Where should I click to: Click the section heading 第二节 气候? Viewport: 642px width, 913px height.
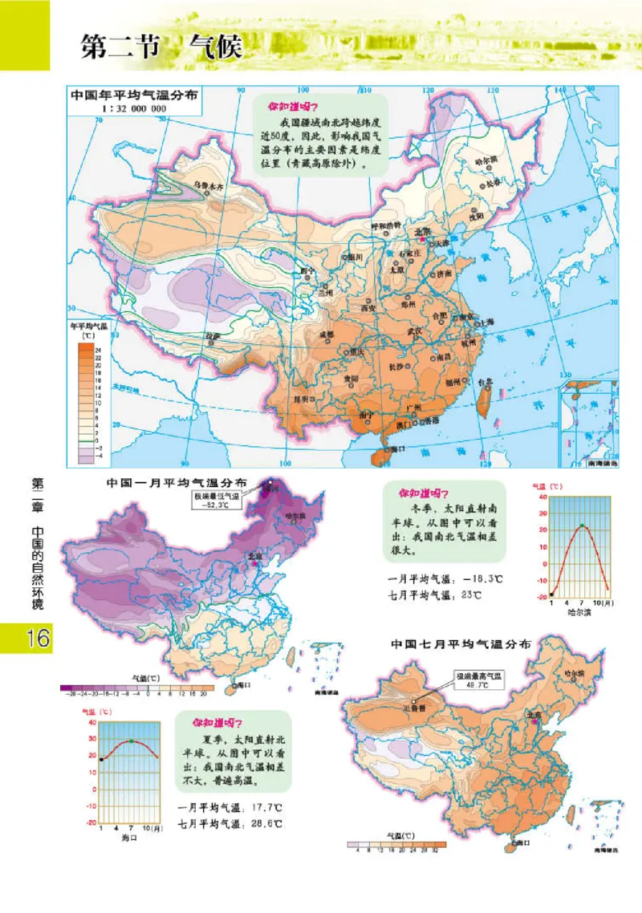pos(161,47)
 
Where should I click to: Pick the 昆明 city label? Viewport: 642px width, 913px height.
pos(303,398)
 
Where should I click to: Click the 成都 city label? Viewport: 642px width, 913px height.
pos(325,332)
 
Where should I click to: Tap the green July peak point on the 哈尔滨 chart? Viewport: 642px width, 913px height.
pos(581,526)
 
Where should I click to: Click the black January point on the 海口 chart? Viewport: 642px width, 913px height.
pos(101,759)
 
